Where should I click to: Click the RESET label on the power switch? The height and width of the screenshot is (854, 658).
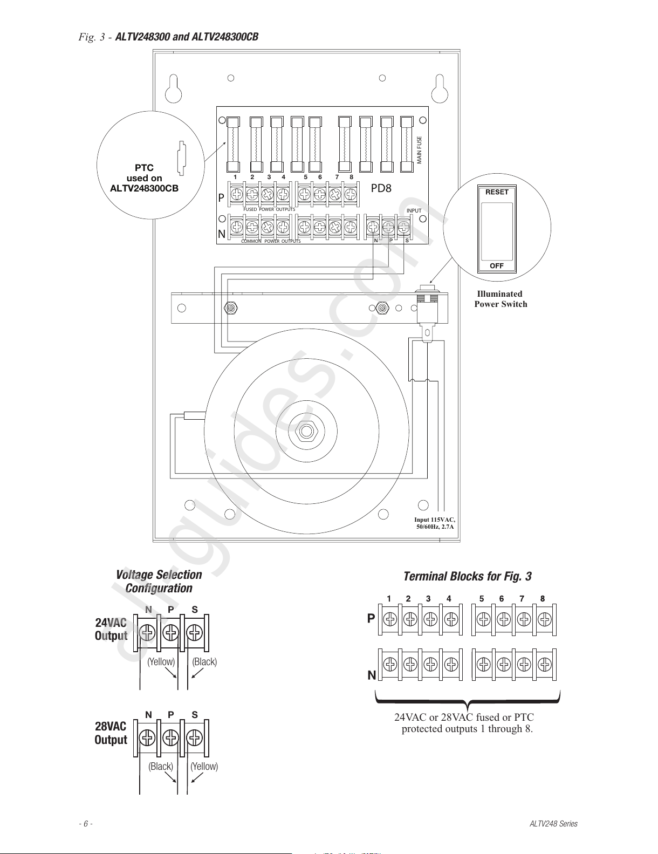click(x=497, y=192)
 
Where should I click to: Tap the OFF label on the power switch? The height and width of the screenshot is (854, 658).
click(x=497, y=265)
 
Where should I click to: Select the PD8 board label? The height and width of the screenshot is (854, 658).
click(x=381, y=188)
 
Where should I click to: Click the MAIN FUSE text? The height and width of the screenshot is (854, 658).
click(x=419, y=150)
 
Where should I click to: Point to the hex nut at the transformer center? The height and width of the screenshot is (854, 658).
click(x=306, y=431)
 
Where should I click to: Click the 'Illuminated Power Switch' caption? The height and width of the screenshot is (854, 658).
click(x=501, y=299)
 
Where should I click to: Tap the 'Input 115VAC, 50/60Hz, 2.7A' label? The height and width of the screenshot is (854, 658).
click(x=435, y=523)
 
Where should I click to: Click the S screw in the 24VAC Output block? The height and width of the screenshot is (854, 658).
click(x=194, y=632)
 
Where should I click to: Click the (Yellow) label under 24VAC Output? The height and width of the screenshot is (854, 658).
click(x=161, y=661)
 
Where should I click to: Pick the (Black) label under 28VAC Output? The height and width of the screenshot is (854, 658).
click(x=161, y=766)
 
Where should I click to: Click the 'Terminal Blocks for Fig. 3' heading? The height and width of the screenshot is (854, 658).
click(x=468, y=576)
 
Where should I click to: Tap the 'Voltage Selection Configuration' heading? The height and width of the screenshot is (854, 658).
click(x=159, y=581)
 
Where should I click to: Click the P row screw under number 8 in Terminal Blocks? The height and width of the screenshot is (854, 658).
click(x=545, y=619)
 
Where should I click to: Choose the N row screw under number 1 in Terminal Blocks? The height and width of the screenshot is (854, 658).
click(x=390, y=664)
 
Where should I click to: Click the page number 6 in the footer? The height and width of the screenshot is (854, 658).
click(x=86, y=823)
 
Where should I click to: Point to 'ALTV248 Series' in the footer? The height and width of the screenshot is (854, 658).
click(x=553, y=823)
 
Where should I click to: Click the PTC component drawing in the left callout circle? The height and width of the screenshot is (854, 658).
click(x=182, y=158)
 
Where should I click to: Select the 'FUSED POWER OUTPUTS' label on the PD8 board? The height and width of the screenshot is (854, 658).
click(x=269, y=209)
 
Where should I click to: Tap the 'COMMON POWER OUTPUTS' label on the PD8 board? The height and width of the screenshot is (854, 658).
click(x=271, y=241)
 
